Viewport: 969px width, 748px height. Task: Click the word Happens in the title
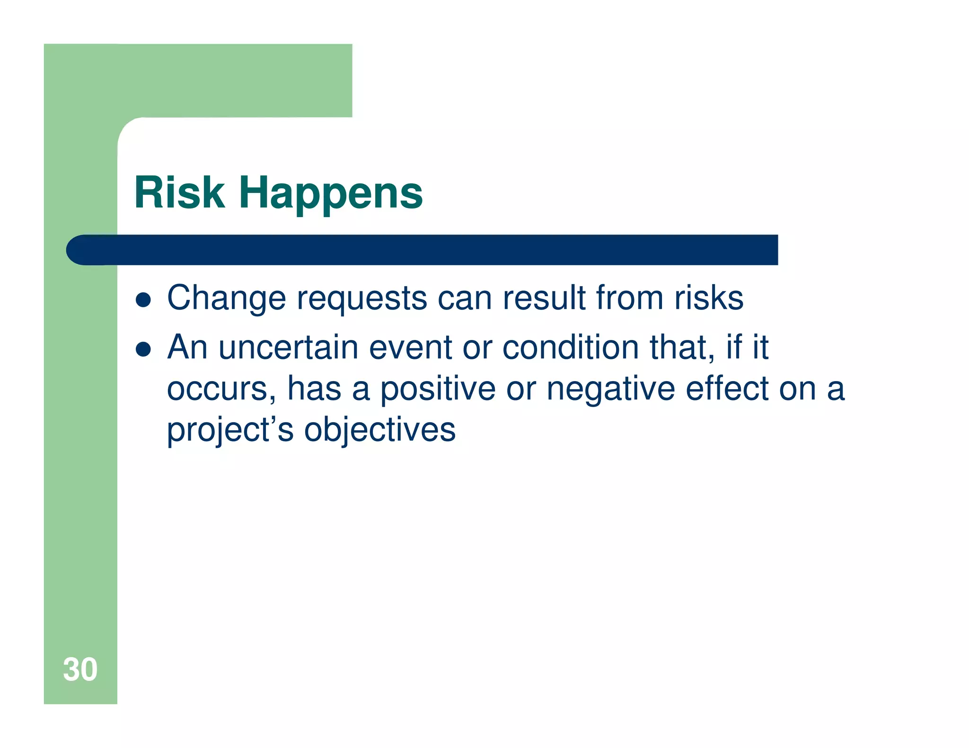click(330, 193)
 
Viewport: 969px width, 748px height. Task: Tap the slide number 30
click(80, 670)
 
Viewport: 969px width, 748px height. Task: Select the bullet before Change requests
click(143, 300)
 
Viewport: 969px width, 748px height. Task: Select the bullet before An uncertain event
click(143, 349)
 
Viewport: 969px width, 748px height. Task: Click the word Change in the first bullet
click(227, 299)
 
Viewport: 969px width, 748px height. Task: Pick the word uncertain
click(288, 348)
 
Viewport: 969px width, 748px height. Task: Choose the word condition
click(570, 348)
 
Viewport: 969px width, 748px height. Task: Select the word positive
click(438, 389)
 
